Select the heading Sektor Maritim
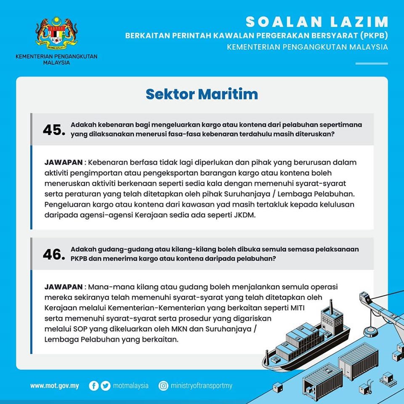pyautogui.click(x=202, y=94)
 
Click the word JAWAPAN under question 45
pyautogui.click(x=63, y=162)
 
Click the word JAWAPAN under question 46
pyautogui.click(x=63, y=287)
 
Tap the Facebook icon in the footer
pyautogui.click(x=94, y=385)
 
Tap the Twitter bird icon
pyautogui.click(x=106, y=385)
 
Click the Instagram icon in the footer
pyautogui.click(x=163, y=385)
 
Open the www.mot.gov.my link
pyautogui.click(x=55, y=385)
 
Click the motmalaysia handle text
pyautogui.click(x=131, y=385)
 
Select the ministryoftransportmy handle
pyautogui.click(x=202, y=385)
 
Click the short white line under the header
pyautogui.click(x=371, y=64)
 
